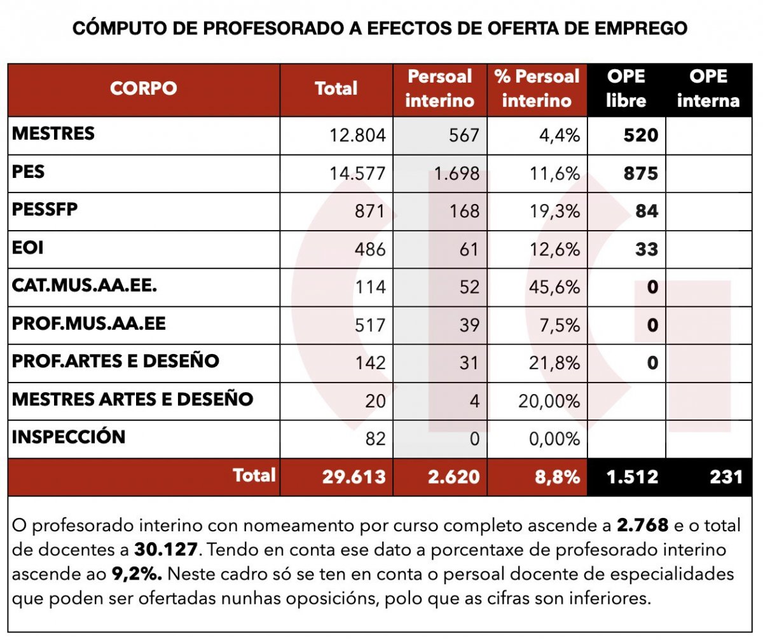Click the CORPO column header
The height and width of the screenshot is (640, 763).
pyautogui.click(x=143, y=88)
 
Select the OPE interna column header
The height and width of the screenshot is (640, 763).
pyautogui.click(x=708, y=88)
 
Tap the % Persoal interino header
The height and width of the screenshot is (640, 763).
pyautogui.click(x=537, y=88)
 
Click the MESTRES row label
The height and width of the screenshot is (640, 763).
pyautogui.click(x=53, y=133)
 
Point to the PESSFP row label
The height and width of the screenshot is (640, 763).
pyautogui.click(x=45, y=209)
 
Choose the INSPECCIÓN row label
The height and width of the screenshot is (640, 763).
pyautogui.click(x=69, y=437)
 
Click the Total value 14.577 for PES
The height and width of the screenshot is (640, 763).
pyautogui.click(x=357, y=174)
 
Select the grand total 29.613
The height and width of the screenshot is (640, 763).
pyautogui.click(x=353, y=477)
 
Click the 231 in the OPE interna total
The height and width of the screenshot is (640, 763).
pyautogui.click(x=726, y=477)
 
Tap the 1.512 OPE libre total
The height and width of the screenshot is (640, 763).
pyautogui.click(x=632, y=477)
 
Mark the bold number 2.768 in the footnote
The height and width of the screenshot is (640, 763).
pyautogui.click(x=642, y=526)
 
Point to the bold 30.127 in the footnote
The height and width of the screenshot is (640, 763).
pyautogui.click(x=164, y=550)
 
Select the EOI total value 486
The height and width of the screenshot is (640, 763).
pyautogui.click(x=370, y=249)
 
